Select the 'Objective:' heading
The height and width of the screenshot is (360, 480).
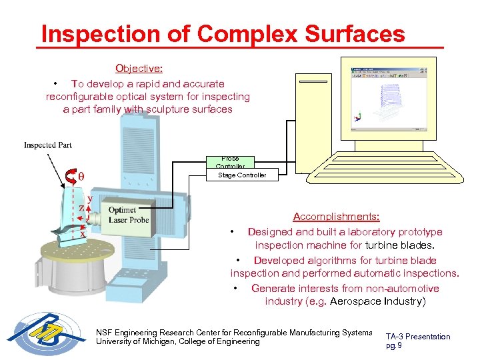pos(139,69)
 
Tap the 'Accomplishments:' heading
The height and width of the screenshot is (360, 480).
pos(337,217)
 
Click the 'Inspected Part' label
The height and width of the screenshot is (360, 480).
pos(48,145)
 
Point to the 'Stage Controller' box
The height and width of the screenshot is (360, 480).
pos(241,175)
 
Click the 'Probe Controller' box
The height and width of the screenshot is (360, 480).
pos(230,163)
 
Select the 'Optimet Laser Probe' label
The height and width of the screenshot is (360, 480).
pos(129,215)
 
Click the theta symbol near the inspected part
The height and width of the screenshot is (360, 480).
pos(81,177)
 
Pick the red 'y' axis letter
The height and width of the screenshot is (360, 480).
pos(89,198)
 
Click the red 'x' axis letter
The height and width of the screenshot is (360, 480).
pos(83,233)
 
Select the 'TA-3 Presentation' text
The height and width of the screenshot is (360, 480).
pos(418,337)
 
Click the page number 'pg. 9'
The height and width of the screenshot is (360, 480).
pos(394,346)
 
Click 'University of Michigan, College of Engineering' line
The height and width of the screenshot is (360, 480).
pos(178,342)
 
